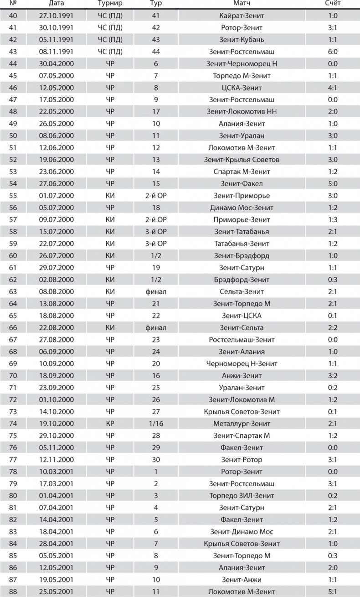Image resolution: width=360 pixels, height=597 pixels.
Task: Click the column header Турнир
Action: point(110,4)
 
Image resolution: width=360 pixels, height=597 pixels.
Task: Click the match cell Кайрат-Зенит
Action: point(242,16)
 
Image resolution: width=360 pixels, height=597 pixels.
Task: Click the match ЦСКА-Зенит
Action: point(242,88)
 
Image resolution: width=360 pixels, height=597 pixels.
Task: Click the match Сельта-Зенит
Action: point(242,291)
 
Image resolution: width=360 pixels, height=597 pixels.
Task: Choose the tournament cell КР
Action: point(110,423)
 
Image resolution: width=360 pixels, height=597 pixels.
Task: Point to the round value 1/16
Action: point(156,423)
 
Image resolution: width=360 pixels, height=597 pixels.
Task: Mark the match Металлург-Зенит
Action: point(242,423)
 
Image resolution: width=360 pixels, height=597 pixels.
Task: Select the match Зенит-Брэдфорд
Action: point(242,255)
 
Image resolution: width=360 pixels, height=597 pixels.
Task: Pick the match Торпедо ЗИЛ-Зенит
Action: point(242,495)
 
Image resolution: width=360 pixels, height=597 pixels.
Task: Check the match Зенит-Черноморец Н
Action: point(242,63)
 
